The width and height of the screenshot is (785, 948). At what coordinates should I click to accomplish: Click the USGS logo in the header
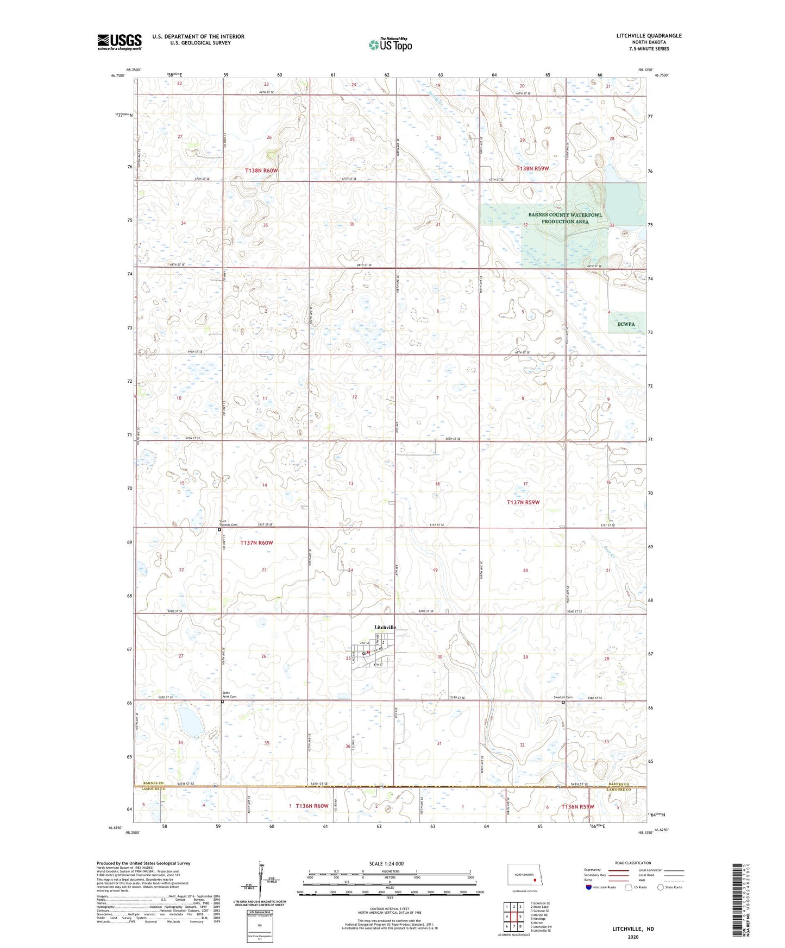point(120,42)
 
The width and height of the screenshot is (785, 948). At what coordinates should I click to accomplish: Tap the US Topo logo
point(390,45)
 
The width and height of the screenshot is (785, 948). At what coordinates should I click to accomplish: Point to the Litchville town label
point(385,627)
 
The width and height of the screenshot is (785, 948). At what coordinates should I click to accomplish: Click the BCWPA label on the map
point(626,324)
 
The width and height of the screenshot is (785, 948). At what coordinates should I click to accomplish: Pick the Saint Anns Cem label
point(229,694)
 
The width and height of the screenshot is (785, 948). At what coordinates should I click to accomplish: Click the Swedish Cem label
point(562,698)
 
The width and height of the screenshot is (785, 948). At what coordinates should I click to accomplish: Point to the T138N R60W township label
point(261,170)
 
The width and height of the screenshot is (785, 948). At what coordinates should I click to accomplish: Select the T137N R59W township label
point(523,502)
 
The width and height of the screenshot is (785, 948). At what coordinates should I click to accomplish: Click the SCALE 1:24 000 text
point(386,864)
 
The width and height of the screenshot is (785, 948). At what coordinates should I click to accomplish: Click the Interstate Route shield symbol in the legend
point(589,887)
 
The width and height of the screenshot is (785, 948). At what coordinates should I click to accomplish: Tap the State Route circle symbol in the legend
point(661,887)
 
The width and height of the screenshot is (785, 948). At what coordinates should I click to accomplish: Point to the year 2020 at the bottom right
point(633,937)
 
